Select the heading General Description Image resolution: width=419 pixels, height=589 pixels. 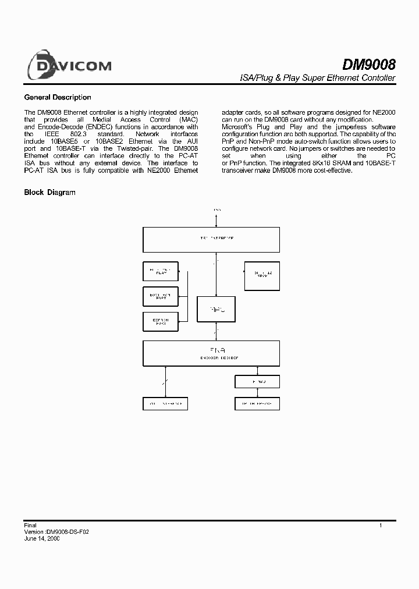pos(57,98)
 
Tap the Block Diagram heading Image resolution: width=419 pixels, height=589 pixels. pos(49,192)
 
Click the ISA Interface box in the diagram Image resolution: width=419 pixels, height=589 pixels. pos(211,239)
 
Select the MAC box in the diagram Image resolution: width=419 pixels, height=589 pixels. pos(216,309)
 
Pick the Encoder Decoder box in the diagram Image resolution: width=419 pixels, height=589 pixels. pos(211,353)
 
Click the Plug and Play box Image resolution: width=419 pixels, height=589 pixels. pos(161,271)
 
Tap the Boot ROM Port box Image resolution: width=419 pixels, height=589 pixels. pos(161,296)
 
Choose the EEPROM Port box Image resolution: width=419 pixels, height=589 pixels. pos(161,321)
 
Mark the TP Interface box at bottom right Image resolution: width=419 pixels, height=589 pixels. pos(257,403)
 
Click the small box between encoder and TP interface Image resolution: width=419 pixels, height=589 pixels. pos(257,381)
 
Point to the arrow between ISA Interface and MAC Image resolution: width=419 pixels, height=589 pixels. pos(216,274)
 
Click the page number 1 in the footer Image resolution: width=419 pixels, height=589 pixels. pos(381,526)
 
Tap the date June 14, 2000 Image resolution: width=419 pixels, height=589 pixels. pos(41,539)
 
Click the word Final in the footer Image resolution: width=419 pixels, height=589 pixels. pos(30,526)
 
